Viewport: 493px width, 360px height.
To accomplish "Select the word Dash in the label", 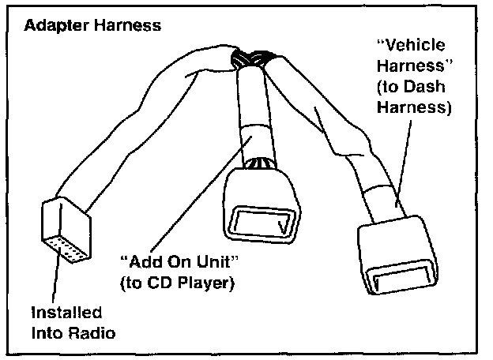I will point(450,88).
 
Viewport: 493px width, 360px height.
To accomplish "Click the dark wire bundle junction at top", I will point(250,58).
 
